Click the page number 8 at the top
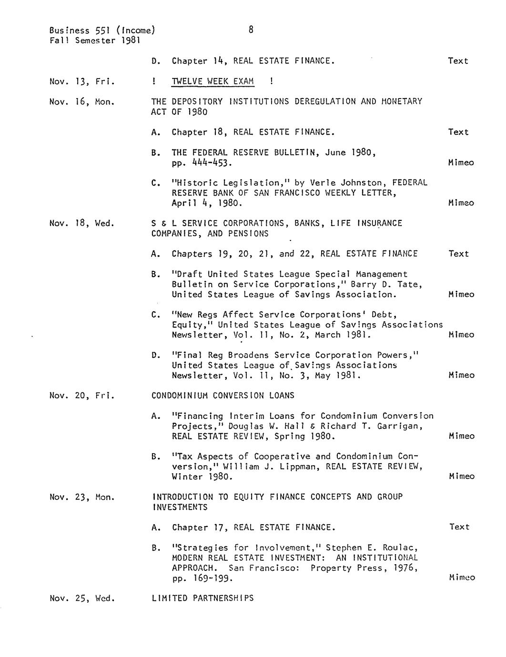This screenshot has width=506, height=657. point(251,30)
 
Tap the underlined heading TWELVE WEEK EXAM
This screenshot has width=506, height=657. point(213,81)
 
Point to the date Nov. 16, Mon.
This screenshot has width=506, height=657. point(82,102)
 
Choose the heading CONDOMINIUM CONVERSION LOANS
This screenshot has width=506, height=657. point(223,396)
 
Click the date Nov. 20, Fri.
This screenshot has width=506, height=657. point(81,396)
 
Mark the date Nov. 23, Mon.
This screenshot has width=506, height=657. point(82,497)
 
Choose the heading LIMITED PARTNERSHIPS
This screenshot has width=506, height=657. point(202,598)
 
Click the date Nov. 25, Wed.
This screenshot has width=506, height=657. point(82,598)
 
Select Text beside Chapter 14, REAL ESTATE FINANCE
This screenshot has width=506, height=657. point(458,61)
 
